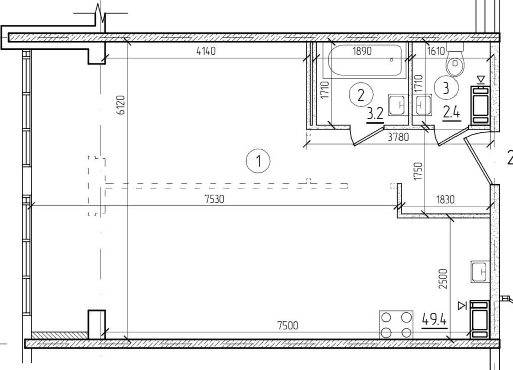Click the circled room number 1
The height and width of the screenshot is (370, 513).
click(x=258, y=161)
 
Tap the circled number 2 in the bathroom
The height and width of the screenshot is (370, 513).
click(x=361, y=95)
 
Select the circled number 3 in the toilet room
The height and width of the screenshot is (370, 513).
click(x=446, y=87)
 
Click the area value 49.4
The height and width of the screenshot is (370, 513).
click(x=434, y=319)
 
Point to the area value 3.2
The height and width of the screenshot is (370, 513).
click(x=375, y=115)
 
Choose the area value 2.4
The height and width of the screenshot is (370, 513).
click(x=451, y=113)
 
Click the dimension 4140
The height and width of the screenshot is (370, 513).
click(x=206, y=51)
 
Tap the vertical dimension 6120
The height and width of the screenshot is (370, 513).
click(x=121, y=105)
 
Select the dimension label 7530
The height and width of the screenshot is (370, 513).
click(x=214, y=199)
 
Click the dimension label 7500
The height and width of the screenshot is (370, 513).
click(x=288, y=325)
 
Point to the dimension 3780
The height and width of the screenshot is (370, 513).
click(x=398, y=137)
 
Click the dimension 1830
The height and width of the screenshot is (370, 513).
click(x=445, y=199)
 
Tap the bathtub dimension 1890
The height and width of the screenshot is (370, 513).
click(x=362, y=51)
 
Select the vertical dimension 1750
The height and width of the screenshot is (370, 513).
click(x=418, y=171)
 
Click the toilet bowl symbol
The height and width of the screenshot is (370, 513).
click(x=455, y=60)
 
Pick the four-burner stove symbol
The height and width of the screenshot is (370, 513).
click(x=396, y=325)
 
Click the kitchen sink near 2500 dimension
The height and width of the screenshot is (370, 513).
click(x=480, y=271)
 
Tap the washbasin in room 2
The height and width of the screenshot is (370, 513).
click(x=398, y=105)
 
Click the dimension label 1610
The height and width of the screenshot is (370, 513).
click(x=436, y=51)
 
